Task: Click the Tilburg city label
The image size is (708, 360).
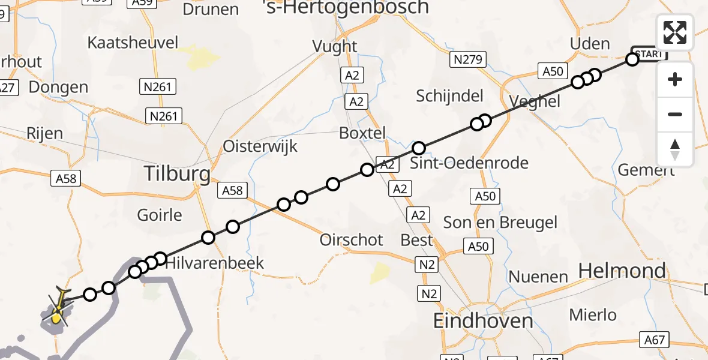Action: pos(177,174)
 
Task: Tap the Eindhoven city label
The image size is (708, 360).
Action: pos(483,320)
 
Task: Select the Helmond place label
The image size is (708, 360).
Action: pos(622,271)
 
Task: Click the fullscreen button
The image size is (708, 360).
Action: pos(675,32)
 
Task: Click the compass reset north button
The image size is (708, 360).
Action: pos(675,149)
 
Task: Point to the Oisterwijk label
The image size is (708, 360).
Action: pos(260,146)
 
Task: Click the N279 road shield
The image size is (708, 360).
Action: pos(468,59)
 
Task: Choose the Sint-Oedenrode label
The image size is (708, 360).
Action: pos(469,163)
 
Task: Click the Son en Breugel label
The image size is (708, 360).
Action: pos(500,223)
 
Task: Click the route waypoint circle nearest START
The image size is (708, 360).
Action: pos(632,59)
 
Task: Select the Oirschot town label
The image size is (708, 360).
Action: pos(351,239)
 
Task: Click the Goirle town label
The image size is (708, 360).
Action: pos(159,214)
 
